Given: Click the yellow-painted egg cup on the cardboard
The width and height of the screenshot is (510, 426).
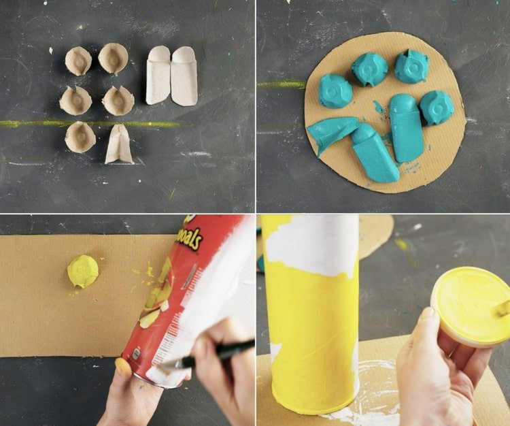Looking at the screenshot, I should point(83,270).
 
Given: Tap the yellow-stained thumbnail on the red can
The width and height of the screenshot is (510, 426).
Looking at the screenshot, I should point(123,365).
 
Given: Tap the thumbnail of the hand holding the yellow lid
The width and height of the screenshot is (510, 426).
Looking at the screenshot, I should point(430,314).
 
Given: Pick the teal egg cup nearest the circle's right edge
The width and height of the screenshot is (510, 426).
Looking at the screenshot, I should point(437,108).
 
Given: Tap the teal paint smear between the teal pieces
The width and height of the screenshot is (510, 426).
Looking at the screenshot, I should point(378,107).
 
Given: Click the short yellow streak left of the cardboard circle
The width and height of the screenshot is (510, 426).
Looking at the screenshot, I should point(281,84).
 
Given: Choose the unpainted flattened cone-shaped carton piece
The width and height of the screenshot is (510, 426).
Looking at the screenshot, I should point(119,144).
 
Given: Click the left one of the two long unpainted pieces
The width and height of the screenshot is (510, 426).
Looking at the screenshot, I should point(158,75).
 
